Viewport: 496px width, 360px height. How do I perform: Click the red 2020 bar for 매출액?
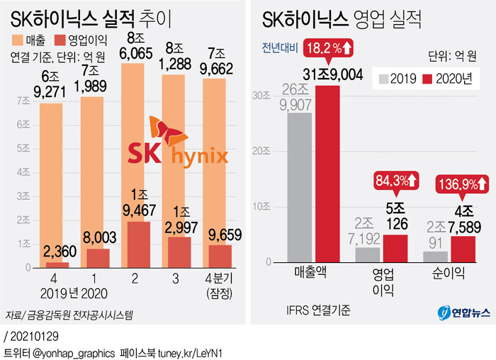click(x=327, y=174)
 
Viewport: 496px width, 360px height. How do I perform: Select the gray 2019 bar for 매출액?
click(x=300, y=188)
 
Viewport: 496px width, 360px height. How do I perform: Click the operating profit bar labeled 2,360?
click(x=62, y=265)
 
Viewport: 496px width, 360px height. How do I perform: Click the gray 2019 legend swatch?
click(x=385, y=79)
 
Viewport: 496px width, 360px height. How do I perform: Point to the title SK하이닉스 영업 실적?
click(x=340, y=18)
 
